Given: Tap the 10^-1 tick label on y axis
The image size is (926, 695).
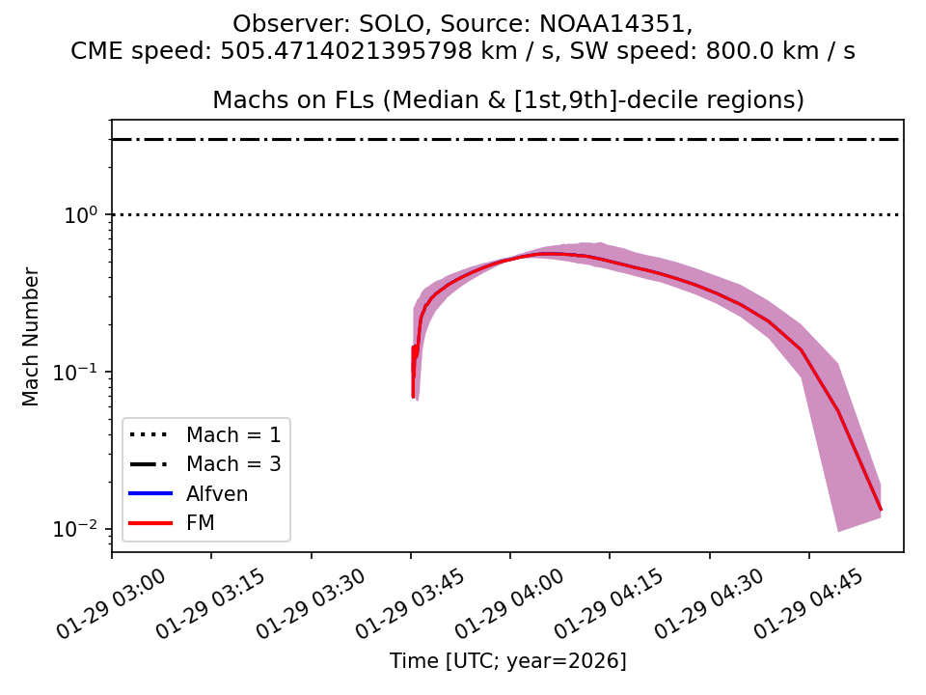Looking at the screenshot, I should (81, 372).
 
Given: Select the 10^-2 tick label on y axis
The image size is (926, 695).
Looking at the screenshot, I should (81, 529).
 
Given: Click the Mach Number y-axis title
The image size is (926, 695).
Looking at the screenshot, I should (32, 337).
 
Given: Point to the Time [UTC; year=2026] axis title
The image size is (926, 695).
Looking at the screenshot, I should (507, 661).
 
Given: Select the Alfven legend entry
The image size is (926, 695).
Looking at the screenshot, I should (217, 494).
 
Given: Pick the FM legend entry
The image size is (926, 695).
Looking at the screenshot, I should (201, 524).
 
